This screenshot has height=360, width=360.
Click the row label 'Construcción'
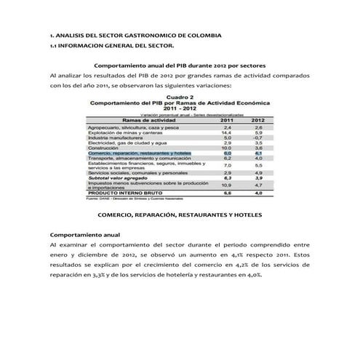tap(107, 148)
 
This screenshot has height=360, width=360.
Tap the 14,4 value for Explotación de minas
tap(228, 132)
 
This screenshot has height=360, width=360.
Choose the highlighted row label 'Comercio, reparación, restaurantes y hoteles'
tap(139, 153)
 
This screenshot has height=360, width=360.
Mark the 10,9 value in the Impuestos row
tap(228, 185)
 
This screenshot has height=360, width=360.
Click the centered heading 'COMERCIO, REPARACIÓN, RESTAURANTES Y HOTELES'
tap(180, 216)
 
